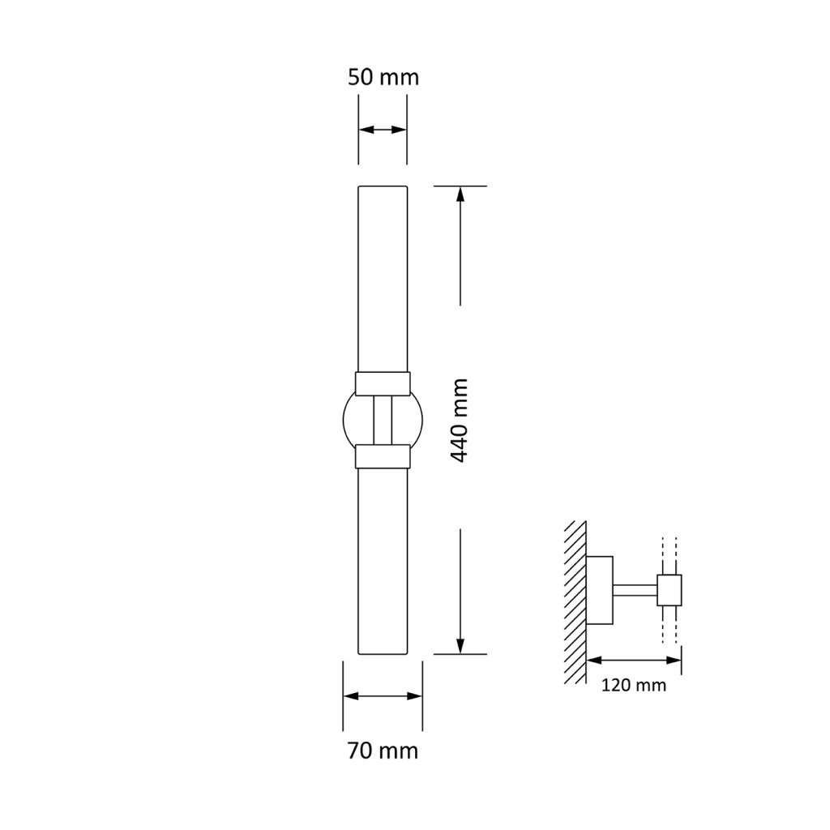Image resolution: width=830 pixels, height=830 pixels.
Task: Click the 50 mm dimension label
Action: tap(383, 77)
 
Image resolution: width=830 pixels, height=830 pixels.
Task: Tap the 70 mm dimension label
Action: tap(383, 751)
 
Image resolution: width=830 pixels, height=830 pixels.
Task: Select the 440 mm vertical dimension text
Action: tap(460, 421)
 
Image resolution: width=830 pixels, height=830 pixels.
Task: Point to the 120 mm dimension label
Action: tap(634, 685)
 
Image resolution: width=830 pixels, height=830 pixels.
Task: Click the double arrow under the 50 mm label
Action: tap(383, 130)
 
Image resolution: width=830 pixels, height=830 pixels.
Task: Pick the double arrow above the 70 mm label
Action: tap(383, 696)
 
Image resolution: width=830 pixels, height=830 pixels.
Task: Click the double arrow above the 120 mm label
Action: tap(634, 660)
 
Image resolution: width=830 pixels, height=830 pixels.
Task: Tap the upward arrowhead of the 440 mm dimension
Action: tap(460, 194)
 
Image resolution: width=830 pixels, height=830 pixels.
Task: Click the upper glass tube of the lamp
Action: tap(383, 279)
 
